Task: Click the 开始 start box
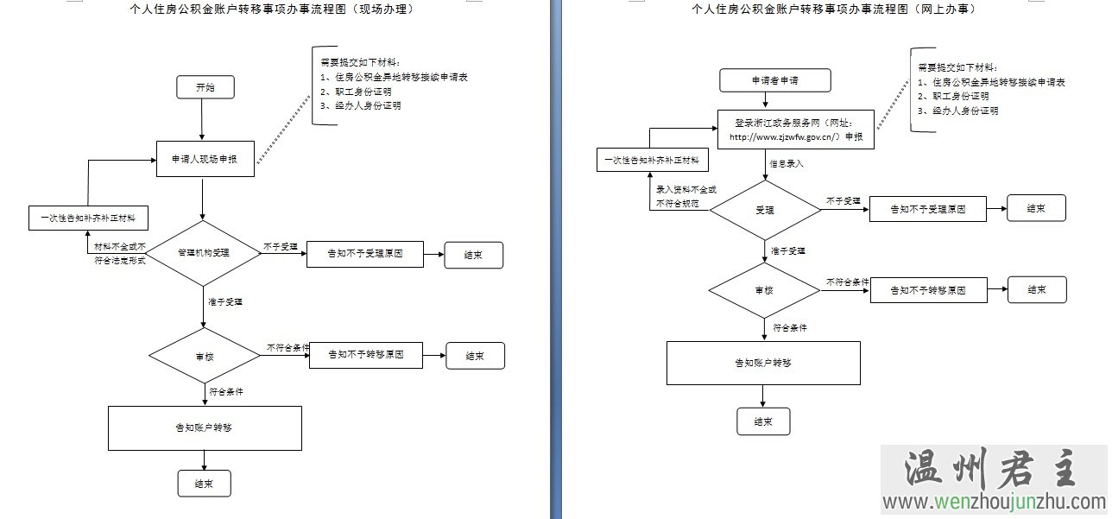coord(205,87)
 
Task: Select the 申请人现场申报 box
coord(205,159)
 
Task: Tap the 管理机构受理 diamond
coord(203,253)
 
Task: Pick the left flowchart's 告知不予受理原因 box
coord(364,255)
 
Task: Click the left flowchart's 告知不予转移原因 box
coord(366,355)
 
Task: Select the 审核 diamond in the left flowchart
coord(205,356)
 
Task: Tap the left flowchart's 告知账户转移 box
coord(204,427)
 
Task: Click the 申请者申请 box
coord(774,80)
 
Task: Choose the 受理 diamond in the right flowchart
coord(764,209)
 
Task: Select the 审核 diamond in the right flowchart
coord(764,289)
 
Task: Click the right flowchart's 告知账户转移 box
coord(763,363)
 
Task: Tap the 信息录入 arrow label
coord(787,162)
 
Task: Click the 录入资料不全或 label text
coord(686,189)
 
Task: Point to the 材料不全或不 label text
coord(121,247)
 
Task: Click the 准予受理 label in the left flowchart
coord(224,302)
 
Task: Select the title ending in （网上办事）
coord(833,9)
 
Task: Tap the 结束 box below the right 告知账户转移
coord(762,421)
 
